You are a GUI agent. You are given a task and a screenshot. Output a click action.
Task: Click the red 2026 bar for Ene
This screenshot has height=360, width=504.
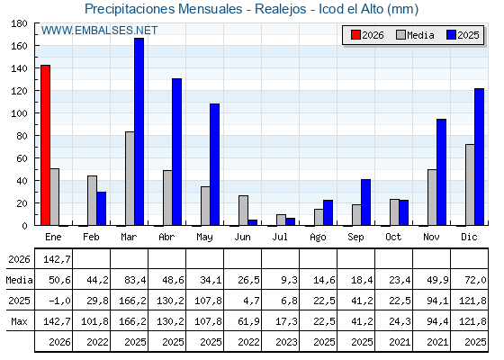point(45,145)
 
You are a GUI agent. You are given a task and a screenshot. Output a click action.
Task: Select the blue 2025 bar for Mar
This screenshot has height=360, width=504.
point(139,131)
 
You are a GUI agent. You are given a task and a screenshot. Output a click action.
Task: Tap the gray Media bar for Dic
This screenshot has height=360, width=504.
point(470,184)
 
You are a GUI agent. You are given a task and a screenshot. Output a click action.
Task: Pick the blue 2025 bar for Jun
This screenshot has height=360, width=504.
point(253,222)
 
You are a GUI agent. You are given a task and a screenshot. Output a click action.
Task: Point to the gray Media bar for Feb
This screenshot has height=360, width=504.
point(92,201)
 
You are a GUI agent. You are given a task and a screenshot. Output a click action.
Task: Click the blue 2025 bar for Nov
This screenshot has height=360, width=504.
point(441,172)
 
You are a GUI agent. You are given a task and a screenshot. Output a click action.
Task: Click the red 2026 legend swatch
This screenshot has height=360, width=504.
point(355,35)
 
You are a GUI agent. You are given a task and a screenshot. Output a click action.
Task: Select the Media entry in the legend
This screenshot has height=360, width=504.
point(415,35)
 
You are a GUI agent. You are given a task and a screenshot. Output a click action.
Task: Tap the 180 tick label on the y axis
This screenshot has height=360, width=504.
point(19,23)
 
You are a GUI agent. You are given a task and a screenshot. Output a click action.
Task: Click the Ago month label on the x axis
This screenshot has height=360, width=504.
point(318,238)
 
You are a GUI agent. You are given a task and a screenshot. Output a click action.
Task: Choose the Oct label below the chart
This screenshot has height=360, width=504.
point(393,237)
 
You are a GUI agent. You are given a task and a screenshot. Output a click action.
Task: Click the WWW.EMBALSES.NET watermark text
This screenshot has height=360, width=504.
point(99,31)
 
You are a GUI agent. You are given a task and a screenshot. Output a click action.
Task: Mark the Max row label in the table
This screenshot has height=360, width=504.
point(19,321)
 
